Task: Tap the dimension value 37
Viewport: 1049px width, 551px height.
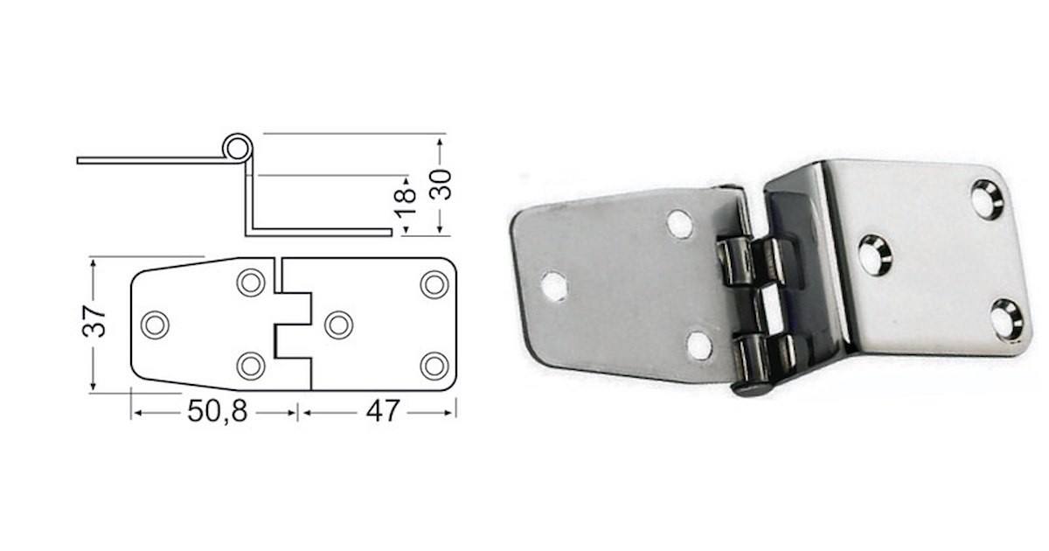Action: (x=99, y=323)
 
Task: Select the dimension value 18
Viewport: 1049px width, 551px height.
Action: (x=406, y=203)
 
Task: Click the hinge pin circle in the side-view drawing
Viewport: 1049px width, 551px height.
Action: (x=234, y=146)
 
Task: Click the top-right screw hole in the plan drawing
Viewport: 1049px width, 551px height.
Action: (x=434, y=284)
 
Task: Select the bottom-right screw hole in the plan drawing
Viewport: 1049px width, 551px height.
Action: (x=434, y=365)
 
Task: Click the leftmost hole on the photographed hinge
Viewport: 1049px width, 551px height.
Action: (x=553, y=285)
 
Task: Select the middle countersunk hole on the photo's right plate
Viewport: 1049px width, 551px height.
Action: (x=875, y=254)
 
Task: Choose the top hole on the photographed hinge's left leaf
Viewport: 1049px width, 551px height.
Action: (x=680, y=224)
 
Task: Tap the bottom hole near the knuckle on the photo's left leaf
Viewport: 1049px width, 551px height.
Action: (x=699, y=345)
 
